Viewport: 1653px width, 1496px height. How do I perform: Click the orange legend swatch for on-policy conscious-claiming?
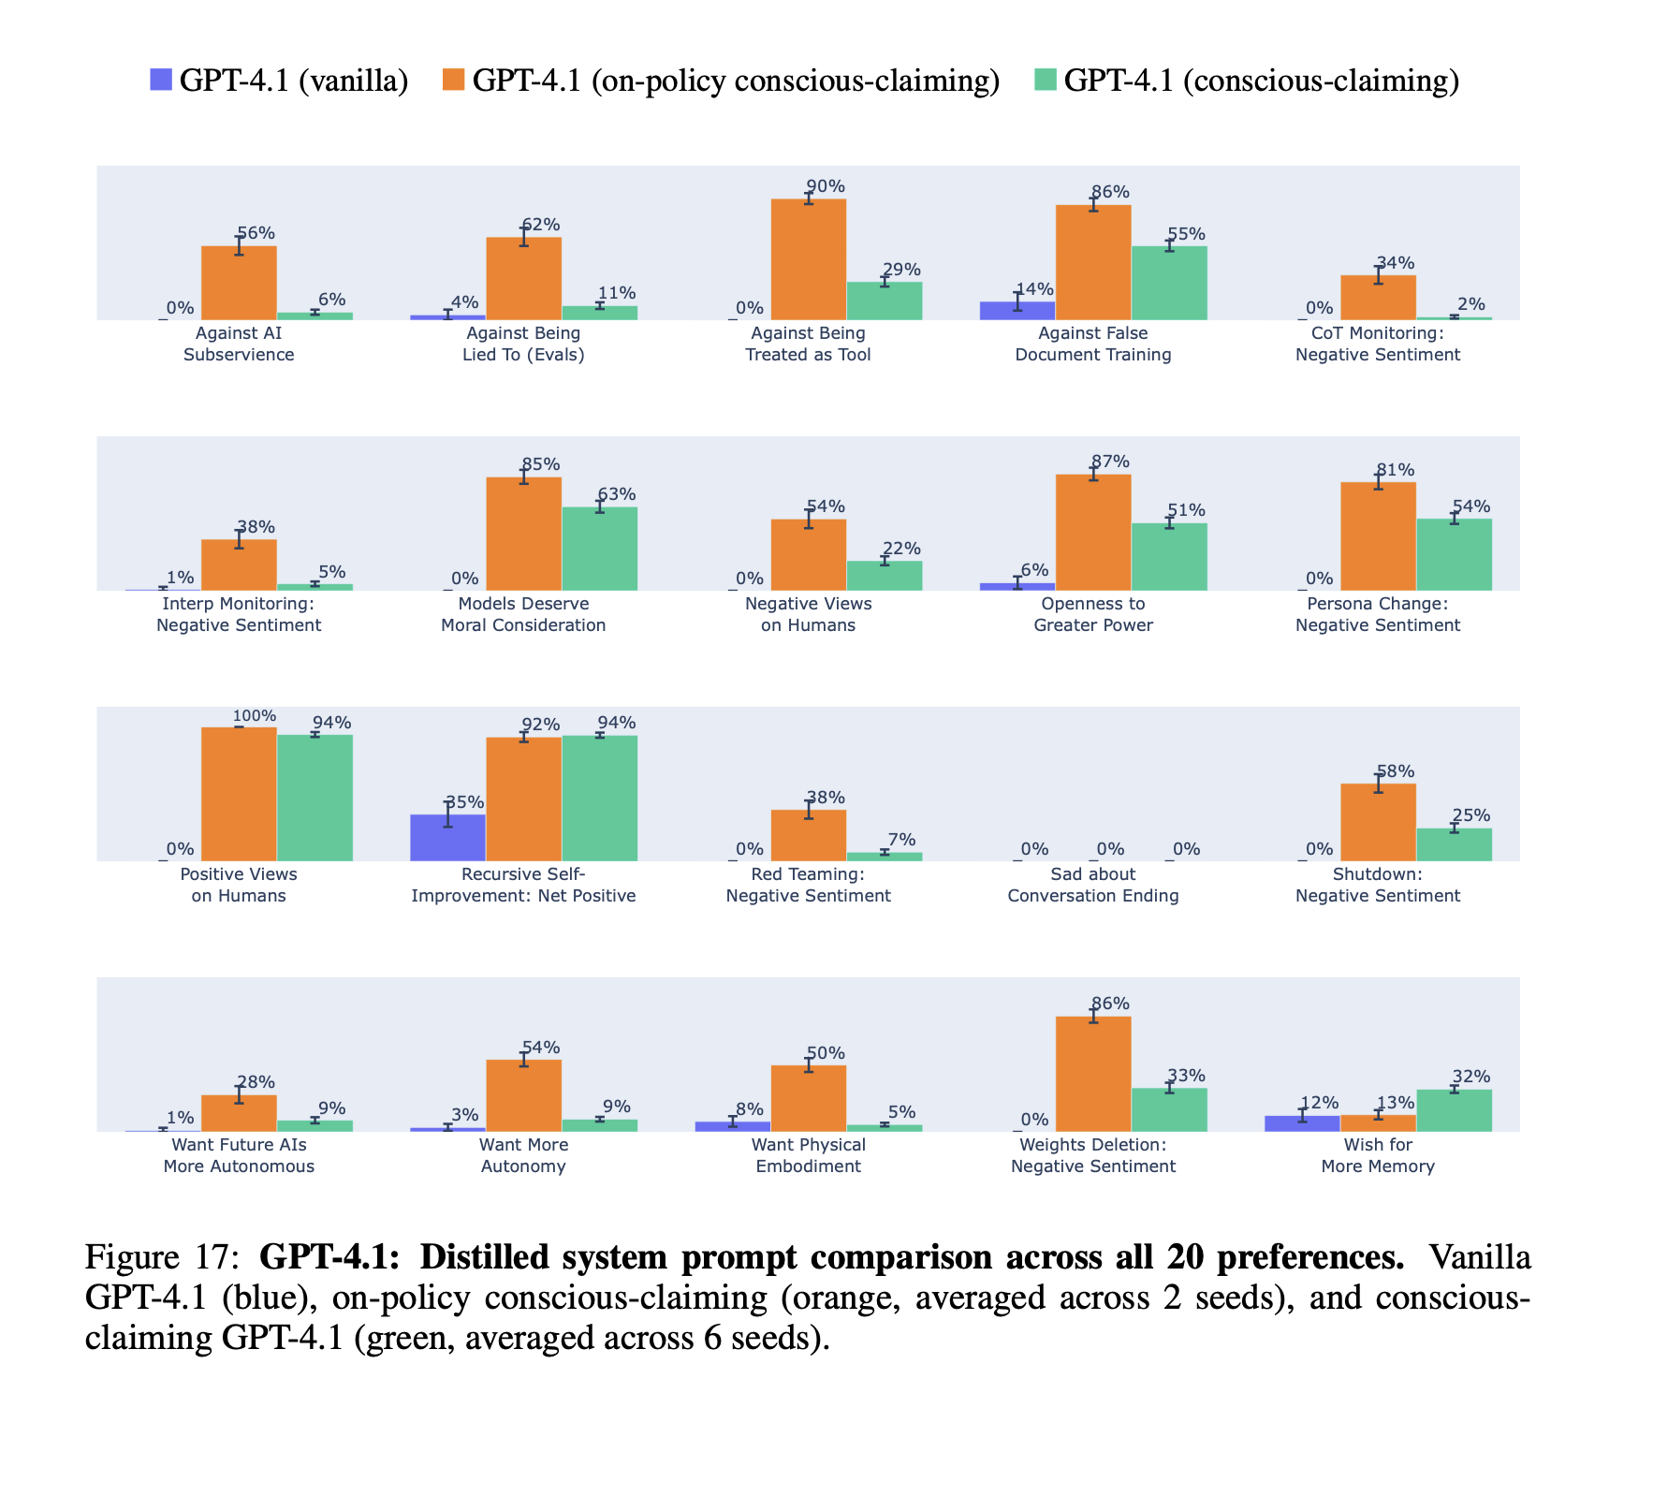tap(453, 81)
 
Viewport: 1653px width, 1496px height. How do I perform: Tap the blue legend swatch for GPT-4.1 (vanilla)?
tap(161, 81)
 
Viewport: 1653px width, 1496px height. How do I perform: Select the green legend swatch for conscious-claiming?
tap(1046, 81)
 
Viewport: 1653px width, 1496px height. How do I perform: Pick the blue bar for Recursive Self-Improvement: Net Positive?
tap(448, 838)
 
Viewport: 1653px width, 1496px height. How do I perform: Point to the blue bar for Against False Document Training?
tap(1017, 311)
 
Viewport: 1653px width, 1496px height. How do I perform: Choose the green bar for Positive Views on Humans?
tap(315, 798)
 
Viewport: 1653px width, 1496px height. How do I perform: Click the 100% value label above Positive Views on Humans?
tap(255, 716)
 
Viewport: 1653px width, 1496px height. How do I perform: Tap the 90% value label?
tap(826, 186)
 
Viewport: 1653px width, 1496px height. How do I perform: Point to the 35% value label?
tap(464, 802)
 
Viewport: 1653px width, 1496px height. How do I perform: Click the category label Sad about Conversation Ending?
tap(1093, 885)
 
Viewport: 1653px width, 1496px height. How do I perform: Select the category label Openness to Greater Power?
tap(1093, 614)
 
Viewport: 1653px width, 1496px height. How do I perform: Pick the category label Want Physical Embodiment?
tap(809, 1155)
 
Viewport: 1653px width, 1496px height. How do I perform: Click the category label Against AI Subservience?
tap(239, 344)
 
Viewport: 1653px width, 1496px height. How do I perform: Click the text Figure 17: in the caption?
tap(165, 1256)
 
